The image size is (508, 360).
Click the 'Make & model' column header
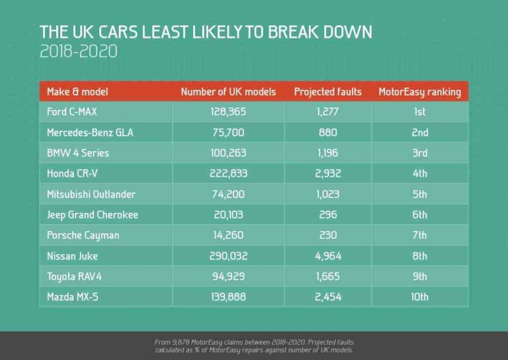tap(77, 91)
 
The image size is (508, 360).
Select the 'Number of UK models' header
tap(228, 91)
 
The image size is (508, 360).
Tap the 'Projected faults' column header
tap(327, 91)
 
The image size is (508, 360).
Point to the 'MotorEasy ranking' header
tap(419, 91)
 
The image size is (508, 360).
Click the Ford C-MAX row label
tap(72, 112)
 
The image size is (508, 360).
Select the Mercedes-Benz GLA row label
tap(90, 132)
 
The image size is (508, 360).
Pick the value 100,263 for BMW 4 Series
tap(228, 153)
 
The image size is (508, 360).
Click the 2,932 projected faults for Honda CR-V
tap(327, 173)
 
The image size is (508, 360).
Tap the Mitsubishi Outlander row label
tap(91, 194)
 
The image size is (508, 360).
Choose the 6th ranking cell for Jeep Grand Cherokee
tap(419, 214)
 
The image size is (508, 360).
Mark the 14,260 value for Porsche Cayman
tap(228, 235)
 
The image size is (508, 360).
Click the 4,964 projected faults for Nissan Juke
tap(327, 256)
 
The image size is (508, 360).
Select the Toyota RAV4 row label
tap(76, 277)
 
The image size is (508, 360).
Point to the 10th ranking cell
tap(419, 297)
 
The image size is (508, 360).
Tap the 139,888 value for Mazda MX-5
tap(228, 297)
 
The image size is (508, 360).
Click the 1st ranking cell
tap(419, 112)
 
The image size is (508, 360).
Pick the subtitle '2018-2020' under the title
tap(79, 52)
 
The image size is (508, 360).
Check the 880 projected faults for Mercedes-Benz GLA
tap(327, 132)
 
